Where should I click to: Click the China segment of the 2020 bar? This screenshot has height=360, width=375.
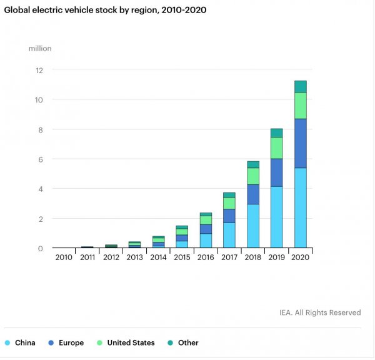[300, 208]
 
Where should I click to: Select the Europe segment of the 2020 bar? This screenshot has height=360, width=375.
[300, 143]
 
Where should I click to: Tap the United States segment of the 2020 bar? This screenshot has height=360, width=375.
[300, 106]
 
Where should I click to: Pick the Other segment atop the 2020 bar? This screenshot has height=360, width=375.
[300, 86]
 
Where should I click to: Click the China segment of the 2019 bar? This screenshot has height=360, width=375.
[277, 217]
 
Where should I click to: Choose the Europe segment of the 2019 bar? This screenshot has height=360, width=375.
[277, 172]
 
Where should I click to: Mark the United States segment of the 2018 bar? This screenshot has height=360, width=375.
[253, 176]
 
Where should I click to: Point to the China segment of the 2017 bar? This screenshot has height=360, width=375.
[229, 235]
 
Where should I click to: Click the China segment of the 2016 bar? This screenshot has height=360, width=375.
[206, 241]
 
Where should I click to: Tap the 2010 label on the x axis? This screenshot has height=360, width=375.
[64, 257]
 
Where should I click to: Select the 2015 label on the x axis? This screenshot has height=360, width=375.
[182, 257]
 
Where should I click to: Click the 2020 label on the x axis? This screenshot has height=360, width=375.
[300, 257]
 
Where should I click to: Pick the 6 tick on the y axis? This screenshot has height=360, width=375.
[41, 159]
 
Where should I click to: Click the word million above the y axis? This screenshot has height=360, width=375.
[39, 48]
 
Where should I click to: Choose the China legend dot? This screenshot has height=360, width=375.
[7, 342]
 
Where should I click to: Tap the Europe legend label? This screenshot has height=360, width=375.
[70, 342]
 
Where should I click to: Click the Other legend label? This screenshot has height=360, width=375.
[188, 342]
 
